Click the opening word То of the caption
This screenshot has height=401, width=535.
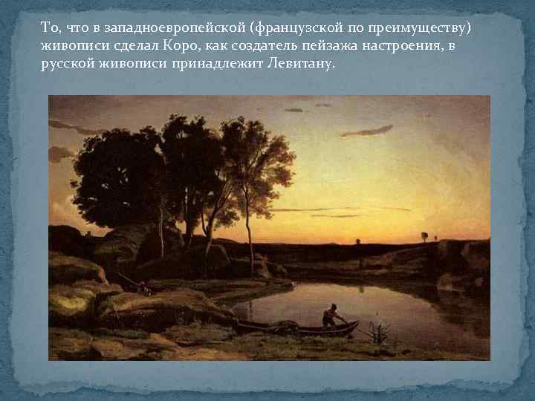(49, 27)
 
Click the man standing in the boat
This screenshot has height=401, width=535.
(329, 314)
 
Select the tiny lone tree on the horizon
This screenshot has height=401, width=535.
(424, 237)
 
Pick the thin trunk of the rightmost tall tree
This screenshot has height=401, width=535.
(250, 223)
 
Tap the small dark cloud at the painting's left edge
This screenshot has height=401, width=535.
(59, 153)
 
